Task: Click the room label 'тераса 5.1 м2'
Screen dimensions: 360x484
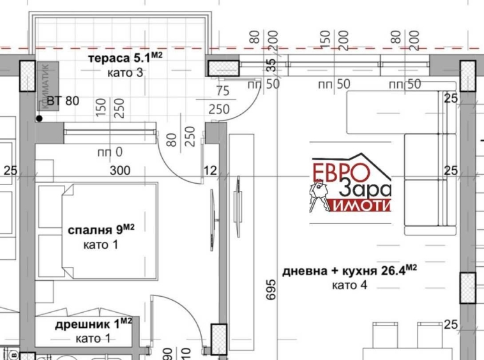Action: pyautogui.click(x=125, y=58)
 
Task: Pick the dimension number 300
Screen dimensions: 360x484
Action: pyautogui.click(x=119, y=170)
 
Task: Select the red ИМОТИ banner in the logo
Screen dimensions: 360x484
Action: pyautogui.click(x=361, y=205)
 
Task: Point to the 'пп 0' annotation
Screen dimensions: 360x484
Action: pyautogui.click(x=109, y=153)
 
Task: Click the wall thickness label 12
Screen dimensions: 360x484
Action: pyautogui.click(x=211, y=170)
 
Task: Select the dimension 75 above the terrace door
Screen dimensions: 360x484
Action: pyautogui.click(x=222, y=91)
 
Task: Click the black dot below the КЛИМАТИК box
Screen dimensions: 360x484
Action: pyautogui.click(x=40, y=118)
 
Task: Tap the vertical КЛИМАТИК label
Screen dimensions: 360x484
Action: pyautogui.click(x=47, y=86)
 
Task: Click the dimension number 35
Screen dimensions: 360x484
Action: pyautogui.click(x=270, y=65)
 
